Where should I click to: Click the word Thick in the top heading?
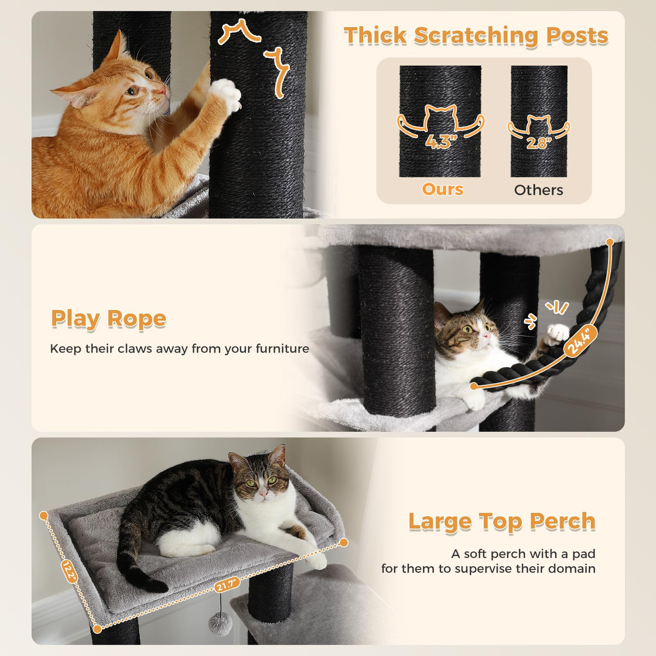click(x=375, y=35)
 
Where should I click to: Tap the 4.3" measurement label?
click(x=441, y=142)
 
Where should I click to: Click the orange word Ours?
click(x=442, y=189)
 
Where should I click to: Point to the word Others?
click(x=538, y=190)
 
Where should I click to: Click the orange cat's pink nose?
click(x=163, y=90)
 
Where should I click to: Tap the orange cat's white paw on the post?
click(x=225, y=94)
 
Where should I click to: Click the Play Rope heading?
click(x=109, y=319)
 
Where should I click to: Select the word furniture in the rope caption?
click(x=282, y=349)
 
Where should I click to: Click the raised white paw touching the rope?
click(x=557, y=334)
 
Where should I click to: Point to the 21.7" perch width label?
click(x=227, y=585)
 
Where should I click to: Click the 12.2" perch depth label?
click(x=69, y=572)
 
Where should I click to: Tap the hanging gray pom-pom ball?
click(x=220, y=624)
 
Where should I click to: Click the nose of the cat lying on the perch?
click(x=262, y=493)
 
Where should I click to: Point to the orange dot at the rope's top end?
click(x=610, y=242)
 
